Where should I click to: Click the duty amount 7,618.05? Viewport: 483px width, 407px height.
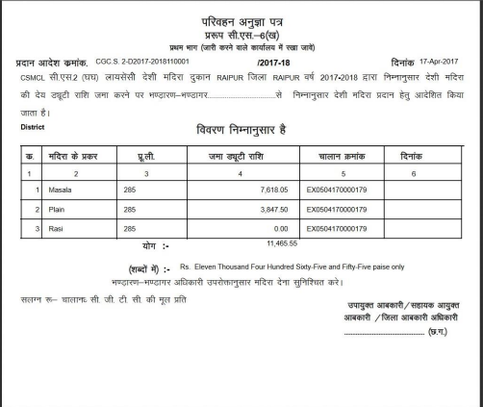272,190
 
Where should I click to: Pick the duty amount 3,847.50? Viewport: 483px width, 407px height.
272,209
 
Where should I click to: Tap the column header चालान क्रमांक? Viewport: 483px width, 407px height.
339,155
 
